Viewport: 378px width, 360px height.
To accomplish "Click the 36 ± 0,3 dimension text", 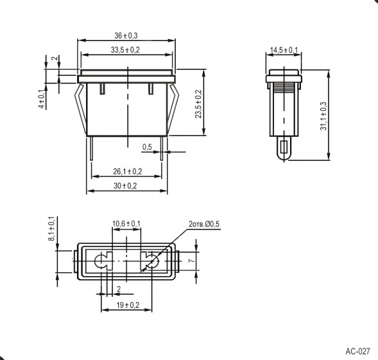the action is point(126,36).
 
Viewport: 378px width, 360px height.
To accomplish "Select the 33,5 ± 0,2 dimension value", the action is point(125,50).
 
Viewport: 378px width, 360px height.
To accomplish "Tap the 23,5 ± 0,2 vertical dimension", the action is point(198,104).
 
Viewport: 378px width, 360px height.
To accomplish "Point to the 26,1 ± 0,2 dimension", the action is point(128,171).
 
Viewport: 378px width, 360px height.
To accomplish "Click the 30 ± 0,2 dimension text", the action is point(125,186).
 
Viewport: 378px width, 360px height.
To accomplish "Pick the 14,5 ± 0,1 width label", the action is point(284,50).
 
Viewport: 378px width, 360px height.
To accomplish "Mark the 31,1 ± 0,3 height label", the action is point(323,116).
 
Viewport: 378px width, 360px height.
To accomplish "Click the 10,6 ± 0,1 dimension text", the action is point(126,224).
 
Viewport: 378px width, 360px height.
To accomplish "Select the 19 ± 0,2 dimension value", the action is point(128,305).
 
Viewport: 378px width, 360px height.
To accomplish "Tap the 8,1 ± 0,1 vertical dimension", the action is point(52,228).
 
